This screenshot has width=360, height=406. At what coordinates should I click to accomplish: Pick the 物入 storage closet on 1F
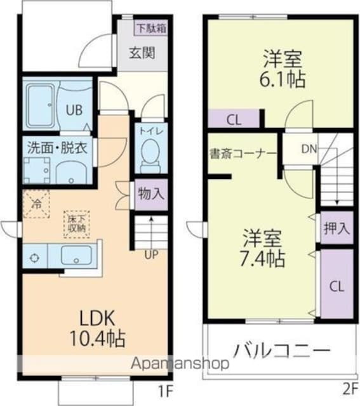click(150, 193)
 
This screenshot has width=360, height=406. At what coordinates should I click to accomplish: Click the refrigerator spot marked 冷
click(37, 206)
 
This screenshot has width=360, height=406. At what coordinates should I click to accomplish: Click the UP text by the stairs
click(151, 255)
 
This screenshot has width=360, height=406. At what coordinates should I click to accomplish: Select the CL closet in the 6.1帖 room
click(233, 119)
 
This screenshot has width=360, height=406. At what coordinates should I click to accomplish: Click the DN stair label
click(309, 149)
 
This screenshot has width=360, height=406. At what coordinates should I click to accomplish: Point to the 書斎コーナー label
click(243, 153)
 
